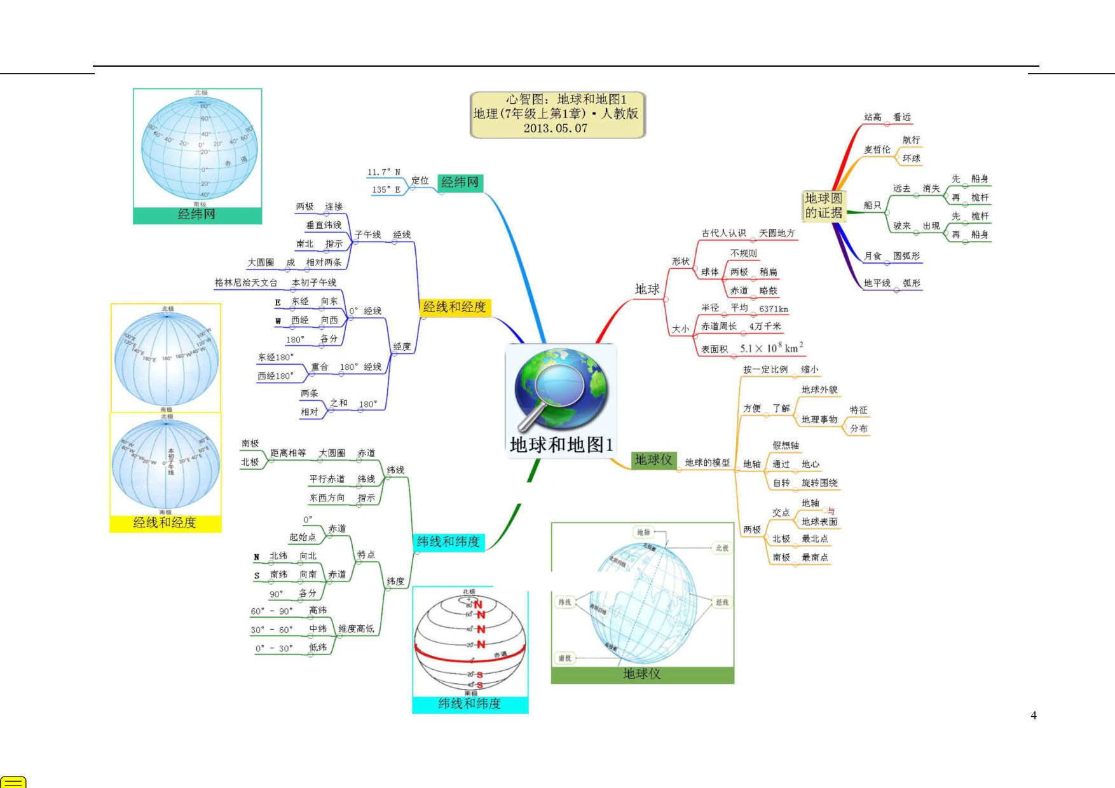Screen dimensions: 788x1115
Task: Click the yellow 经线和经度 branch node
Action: pyautogui.click(x=454, y=307)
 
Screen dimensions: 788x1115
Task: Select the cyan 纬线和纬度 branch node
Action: pyautogui.click(x=448, y=541)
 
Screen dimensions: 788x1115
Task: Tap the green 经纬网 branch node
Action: pyautogui.click(x=460, y=182)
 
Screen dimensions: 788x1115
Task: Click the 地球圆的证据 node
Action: pyautogui.click(x=823, y=205)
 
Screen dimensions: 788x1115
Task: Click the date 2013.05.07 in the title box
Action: pyautogui.click(x=555, y=128)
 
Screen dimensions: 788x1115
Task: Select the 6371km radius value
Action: pyautogui.click(x=773, y=309)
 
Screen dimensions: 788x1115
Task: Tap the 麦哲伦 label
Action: pyautogui.click(x=877, y=149)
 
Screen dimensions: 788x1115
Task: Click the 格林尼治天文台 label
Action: pyautogui.click(x=246, y=282)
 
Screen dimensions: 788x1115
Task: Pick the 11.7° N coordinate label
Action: pyautogui.click(x=383, y=172)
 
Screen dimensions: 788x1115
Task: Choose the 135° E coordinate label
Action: pyautogui.click(x=386, y=189)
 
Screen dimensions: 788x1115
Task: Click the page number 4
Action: pyautogui.click(x=1034, y=716)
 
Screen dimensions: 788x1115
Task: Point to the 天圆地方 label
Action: pyautogui.click(x=777, y=233)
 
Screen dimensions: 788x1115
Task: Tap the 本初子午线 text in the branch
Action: pyautogui.click(x=314, y=282)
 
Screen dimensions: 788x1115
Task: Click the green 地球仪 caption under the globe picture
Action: pyautogui.click(x=642, y=674)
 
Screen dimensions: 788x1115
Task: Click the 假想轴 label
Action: pyautogui.click(x=786, y=445)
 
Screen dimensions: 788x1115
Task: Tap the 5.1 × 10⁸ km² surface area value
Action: pyautogui.click(x=771, y=348)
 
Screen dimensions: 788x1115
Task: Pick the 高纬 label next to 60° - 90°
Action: pyautogui.click(x=318, y=610)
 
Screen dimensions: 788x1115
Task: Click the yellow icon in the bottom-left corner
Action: pyautogui.click(x=13, y=782)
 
